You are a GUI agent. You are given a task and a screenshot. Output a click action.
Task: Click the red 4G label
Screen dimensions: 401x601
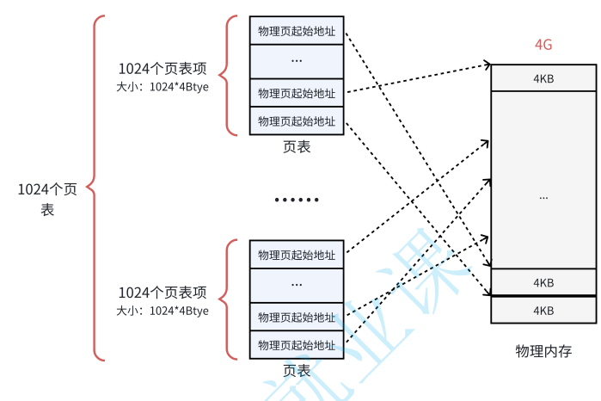tap(543, 45)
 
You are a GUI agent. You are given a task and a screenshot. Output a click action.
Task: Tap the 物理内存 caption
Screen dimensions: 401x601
tap(543, 351)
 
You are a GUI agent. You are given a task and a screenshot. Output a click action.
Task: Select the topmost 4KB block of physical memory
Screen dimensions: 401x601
tap(543, 77)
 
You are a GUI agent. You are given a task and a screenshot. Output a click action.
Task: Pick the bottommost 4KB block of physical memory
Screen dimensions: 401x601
tap(543, 310)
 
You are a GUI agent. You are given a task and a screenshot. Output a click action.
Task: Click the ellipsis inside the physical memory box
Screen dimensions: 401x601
tap(543, 197)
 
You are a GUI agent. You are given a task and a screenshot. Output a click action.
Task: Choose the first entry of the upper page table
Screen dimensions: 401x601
tap(297, 31)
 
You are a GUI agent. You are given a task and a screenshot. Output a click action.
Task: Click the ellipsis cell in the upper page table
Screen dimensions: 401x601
tap(297, 60)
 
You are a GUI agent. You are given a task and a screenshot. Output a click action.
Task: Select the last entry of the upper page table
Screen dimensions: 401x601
tap(297, 120)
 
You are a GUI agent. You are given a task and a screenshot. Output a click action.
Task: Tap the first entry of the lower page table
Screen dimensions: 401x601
tap(297, 255)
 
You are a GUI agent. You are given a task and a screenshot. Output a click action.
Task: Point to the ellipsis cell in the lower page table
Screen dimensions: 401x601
tap(297, 284)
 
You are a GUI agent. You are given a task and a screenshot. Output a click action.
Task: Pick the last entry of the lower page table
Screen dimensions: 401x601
tap(297, 344)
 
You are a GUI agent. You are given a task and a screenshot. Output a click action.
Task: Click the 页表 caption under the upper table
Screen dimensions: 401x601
tap(297, 147)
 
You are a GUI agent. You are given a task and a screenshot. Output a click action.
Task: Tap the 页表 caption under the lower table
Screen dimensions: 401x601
tap(297, 371)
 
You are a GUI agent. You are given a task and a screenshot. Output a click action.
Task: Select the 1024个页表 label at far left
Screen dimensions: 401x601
tap(47, 199)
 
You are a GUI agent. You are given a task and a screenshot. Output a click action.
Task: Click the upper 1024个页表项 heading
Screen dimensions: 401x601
tap(163, 68)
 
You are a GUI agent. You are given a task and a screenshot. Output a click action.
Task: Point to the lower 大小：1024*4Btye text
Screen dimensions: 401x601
tap(163, 311)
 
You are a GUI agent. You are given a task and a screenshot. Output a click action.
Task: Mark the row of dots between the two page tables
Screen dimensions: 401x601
tap(297, 200)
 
